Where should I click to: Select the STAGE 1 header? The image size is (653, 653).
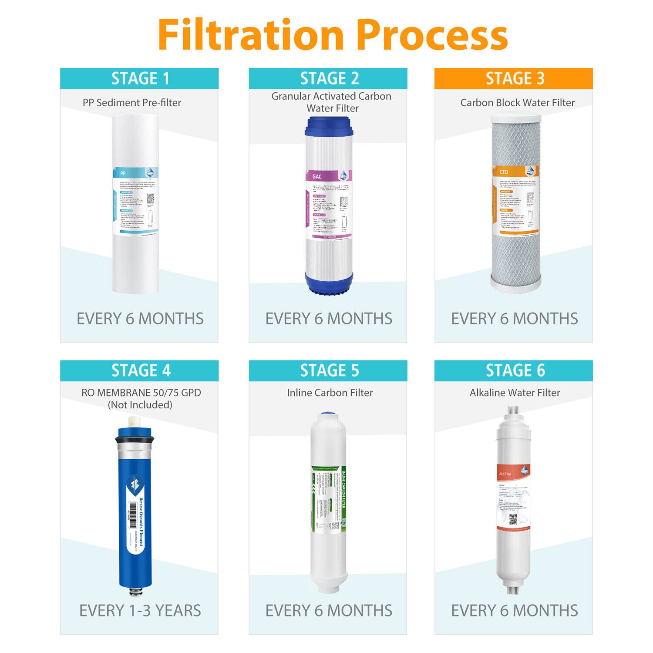click(x=139, y=78)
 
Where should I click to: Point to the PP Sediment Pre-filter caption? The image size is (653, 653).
click(x=132, y=103)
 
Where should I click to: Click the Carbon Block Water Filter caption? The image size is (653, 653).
click(x=517, y=103)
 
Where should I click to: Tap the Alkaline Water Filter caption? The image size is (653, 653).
click(x=515, y=393)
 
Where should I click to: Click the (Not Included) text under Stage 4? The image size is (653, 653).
click(x=140, y=405)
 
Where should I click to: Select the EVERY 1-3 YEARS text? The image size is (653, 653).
click(x=140, y=610)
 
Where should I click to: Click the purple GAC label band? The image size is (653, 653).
click(x=329, y=176)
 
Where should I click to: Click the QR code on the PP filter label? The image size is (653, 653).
click(x=150, y=198)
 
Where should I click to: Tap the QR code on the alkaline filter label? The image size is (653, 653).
click(x=513, y=519)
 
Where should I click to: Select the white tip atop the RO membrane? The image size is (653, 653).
click(x=134, y=422)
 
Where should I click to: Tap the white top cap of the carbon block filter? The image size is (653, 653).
click(x=516, y=117)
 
